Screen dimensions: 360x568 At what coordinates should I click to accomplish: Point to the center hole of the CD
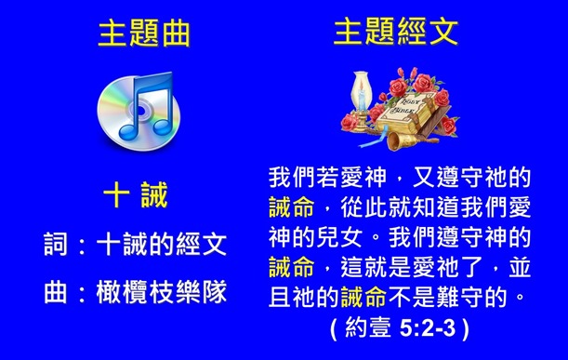click(x=118, y=118)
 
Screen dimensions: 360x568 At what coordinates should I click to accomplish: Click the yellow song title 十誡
click(x=136, y=196)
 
